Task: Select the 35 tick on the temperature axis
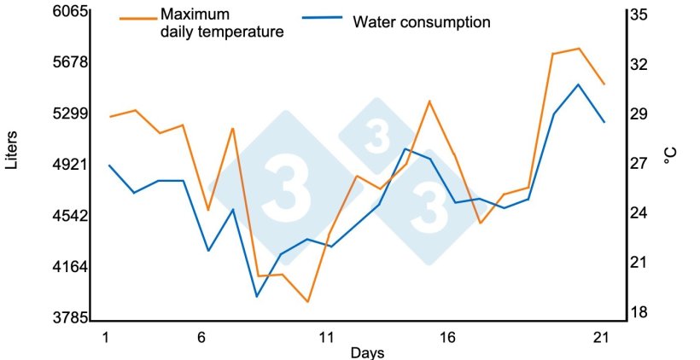coord(639,15)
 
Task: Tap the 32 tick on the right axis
coord(639,64)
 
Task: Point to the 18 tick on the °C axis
coord(639,312)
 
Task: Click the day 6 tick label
coord(201,337)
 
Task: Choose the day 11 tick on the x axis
coord(326,337)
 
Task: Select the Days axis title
coord(367,352)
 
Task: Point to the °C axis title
coord(670,157)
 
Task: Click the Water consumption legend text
coord(422,22)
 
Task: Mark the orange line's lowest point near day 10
coord(307,302)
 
